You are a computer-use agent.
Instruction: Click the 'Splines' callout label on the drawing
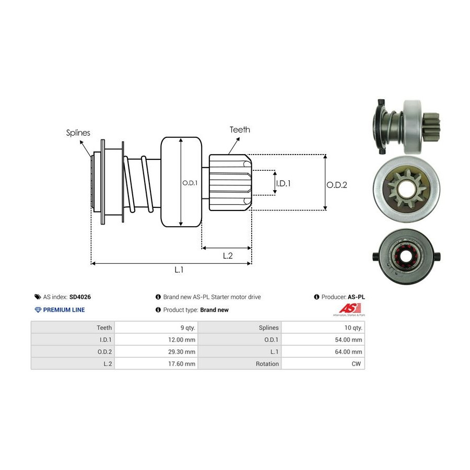78,133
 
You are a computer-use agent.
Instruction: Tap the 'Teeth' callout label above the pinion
240,130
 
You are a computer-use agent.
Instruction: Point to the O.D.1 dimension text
189,183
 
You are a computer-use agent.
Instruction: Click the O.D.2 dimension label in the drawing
337,184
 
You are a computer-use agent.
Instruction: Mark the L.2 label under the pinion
227,255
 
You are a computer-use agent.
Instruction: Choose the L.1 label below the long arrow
179,270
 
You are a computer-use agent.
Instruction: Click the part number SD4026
80,297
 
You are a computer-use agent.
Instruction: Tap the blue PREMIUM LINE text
64,310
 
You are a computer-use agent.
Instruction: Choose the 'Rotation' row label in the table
267,363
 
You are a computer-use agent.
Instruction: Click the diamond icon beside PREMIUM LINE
38,310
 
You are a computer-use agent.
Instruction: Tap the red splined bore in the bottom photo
405,257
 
